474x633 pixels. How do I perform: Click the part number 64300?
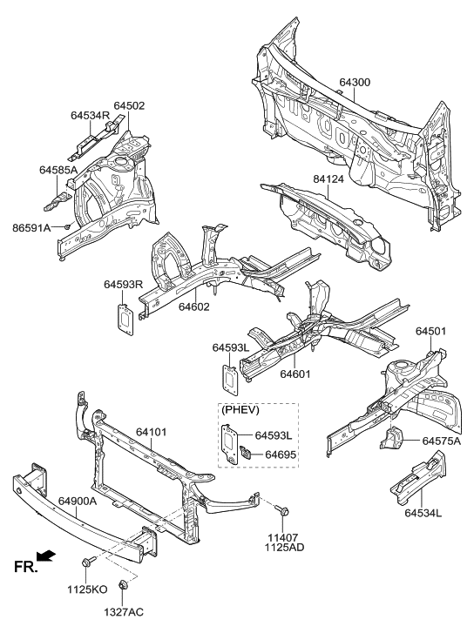[355, 82]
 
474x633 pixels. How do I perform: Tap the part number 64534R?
[90, 114]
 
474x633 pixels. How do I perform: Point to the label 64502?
[128, 105]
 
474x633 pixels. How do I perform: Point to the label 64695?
[281, 454]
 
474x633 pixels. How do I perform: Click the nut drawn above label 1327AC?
[123, 590]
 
